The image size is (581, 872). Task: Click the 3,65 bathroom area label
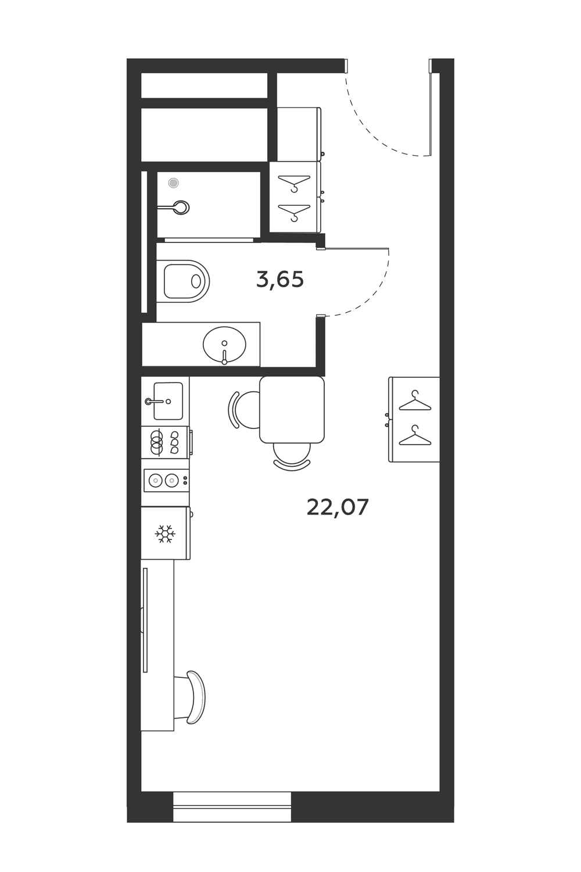(280, 280)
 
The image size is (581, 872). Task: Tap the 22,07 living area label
(338, 508)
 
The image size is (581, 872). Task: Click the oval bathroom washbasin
(224, 345)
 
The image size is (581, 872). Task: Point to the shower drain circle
(174, 183)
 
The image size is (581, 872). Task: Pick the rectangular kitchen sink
(168, 401)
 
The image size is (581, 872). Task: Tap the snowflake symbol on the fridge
(165, 534)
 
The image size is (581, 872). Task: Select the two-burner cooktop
(166, 481)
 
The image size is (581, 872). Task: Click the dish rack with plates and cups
(166, 442)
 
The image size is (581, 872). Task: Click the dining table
(292, 409)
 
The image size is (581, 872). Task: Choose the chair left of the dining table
(243, 410)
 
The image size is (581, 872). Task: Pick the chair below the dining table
(292, 458)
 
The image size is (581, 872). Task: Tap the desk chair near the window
(191, 697)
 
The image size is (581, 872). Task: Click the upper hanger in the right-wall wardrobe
(415, 401)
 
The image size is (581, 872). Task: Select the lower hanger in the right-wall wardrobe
(415, 436)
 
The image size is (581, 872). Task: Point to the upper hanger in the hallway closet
(294, 183)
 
